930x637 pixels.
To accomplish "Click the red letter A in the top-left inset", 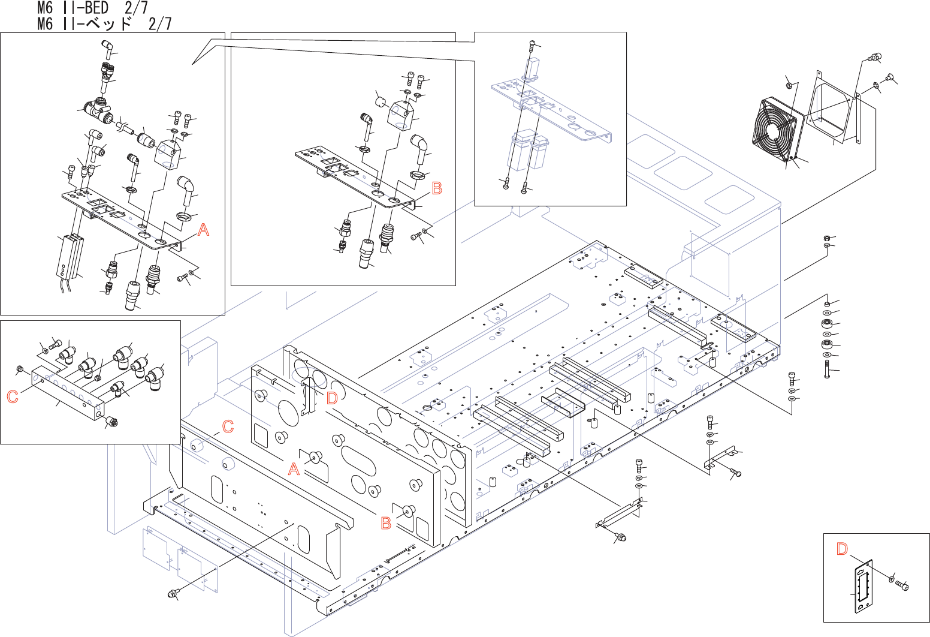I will pyautogui.click(x=204, y=230).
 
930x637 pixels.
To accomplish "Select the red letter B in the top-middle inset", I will pyautogui.click(x=437, y=188).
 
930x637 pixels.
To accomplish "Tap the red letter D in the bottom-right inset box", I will pyautogui.click(x=842, y=549).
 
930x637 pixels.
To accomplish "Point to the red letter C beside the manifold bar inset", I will pyautogui.click(x=13, y=396).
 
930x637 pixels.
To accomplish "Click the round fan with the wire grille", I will pyautogui.click(x=776, y=131).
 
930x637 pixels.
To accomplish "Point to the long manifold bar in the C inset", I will pyautogui.click(x=66, y=393).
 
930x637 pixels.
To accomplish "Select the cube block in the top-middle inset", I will pyautogui.click(x=401, y=116).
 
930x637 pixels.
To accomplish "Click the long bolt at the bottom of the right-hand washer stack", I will pyautogui.click(x=828, y=368).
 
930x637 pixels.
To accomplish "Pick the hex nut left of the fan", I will pyautogui.click(x=789, y=85).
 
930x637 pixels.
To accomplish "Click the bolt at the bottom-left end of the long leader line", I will pyautogui.click(x=173, y=594).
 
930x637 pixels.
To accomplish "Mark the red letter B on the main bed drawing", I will pyautogui.click(x=387, y=523).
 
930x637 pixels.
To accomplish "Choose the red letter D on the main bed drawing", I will pyautogui.click(x=331, y=398).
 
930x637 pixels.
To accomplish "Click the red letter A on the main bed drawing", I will pyautogui.click(x=294, y=470).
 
